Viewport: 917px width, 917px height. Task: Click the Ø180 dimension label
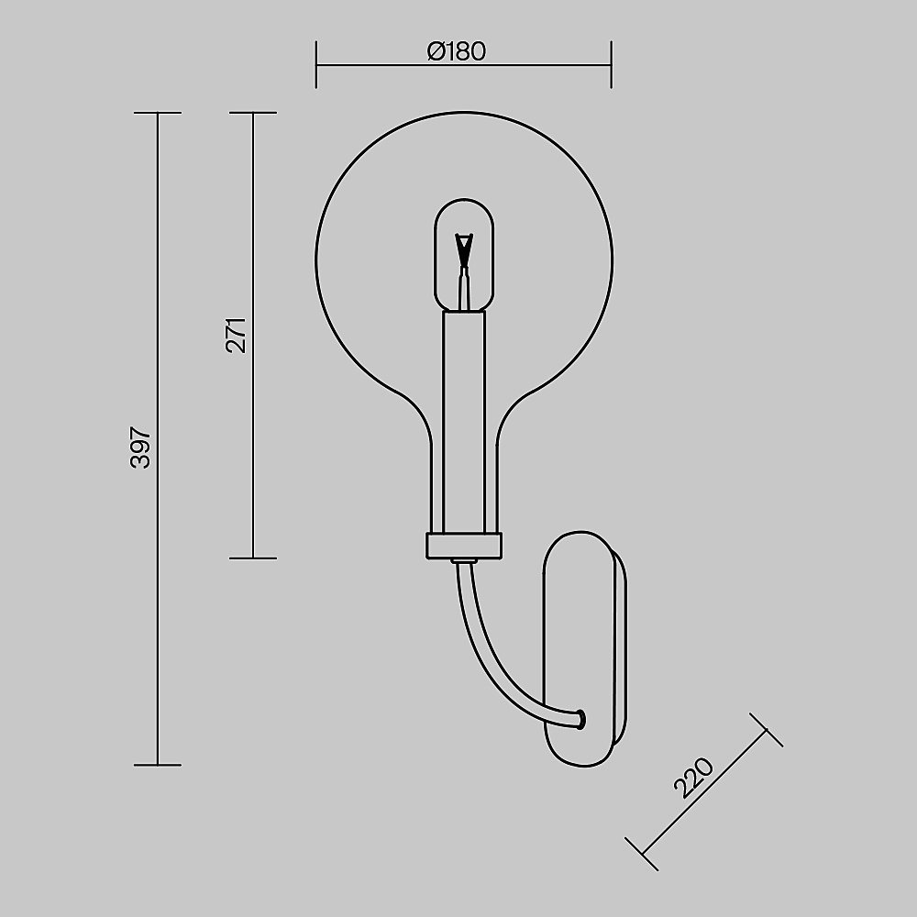[x=456, y=51]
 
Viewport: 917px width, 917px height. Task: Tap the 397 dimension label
[x=141, y=447]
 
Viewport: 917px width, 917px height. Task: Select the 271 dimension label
[x=237, y=336]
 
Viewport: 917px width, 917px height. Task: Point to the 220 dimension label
[x=693, y=779]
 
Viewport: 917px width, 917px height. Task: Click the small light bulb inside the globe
[x=464, y=256]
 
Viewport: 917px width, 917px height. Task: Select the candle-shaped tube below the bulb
[x=464, y=421]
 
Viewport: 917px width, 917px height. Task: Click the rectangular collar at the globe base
[x=464, y=546]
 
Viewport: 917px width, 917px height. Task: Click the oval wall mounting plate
[x=585, y=648]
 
